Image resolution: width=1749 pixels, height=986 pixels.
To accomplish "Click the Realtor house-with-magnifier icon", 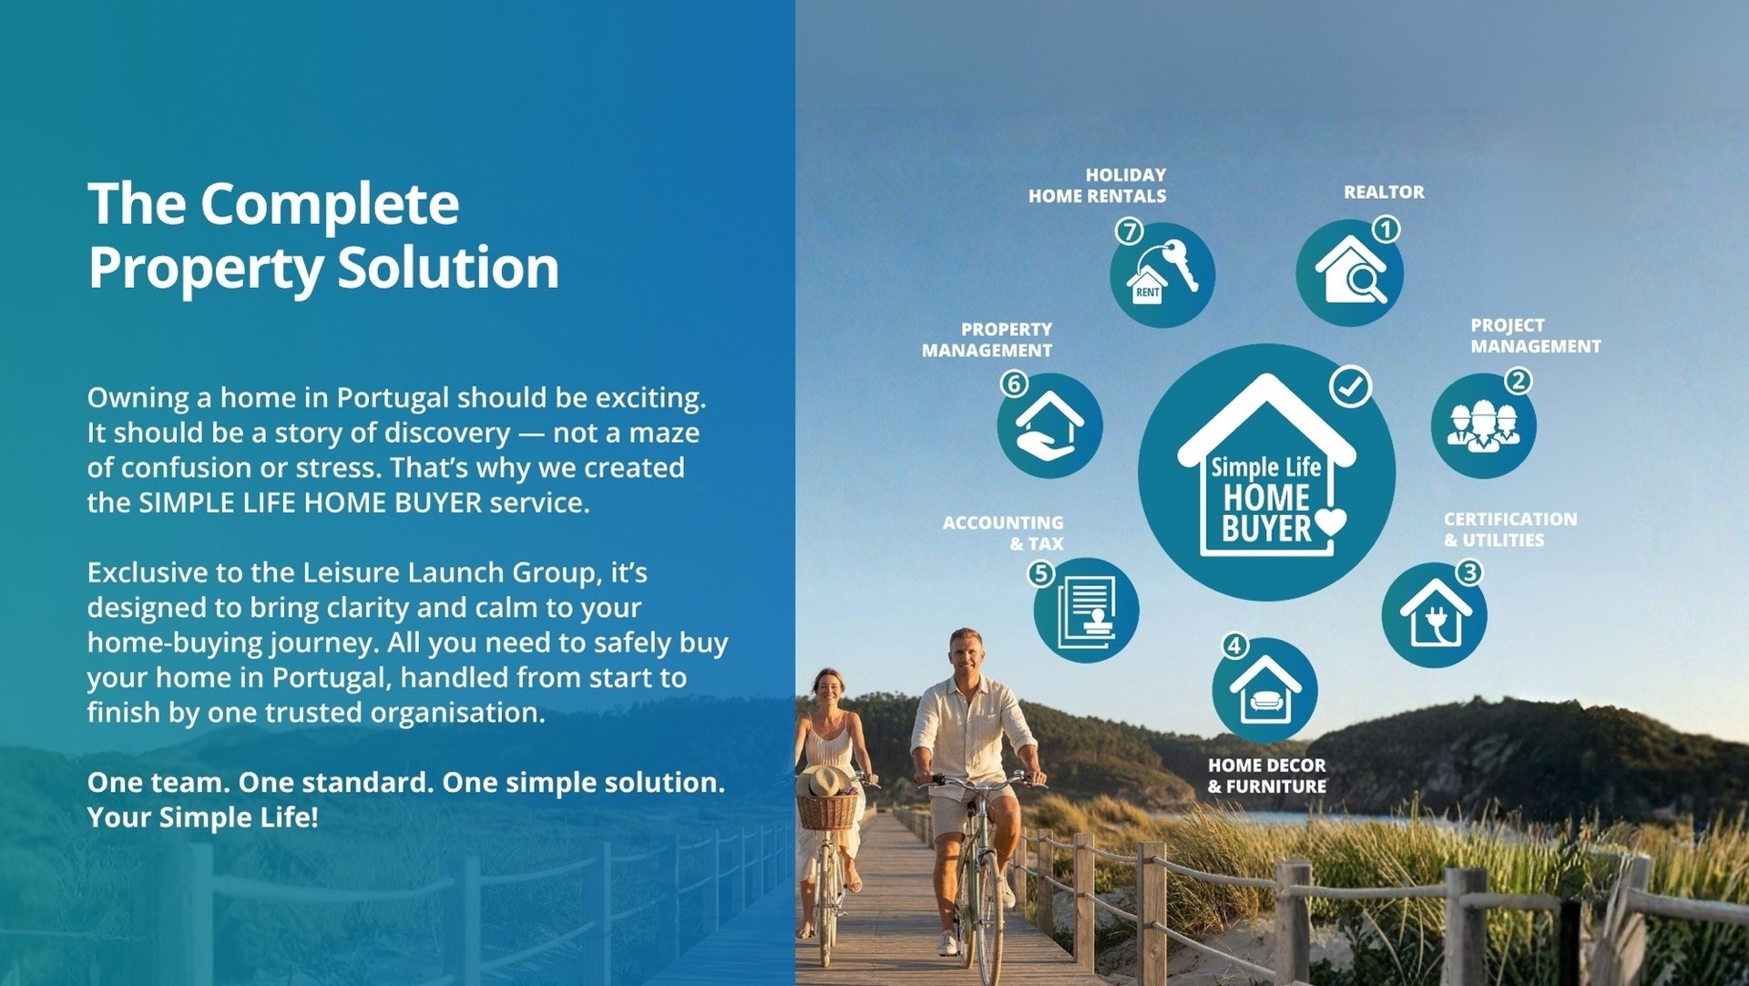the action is point(1350,272).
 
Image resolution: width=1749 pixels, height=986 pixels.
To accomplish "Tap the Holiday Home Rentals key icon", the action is point(1162,275).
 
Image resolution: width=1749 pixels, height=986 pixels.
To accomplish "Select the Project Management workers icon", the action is point(1483,426).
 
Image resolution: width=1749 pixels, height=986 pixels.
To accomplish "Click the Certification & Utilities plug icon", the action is point(1435,615).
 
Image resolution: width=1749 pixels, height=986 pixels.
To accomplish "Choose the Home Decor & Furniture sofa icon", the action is point(1265,690).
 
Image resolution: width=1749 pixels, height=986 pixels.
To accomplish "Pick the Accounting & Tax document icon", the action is point(1086,610).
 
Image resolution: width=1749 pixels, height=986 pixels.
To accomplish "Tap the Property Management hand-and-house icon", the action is point(1049,426).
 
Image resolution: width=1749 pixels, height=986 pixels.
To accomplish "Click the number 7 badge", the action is point(1130,231).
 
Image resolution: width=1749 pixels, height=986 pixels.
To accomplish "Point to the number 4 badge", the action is point(1234,646).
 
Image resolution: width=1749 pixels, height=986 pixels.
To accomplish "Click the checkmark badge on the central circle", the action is point(1350,386).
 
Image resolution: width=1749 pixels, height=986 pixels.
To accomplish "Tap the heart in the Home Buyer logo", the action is point(1330,521).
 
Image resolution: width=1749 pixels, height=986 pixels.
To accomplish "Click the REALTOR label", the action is point(1384,192).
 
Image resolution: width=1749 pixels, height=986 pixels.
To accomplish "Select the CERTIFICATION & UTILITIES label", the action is point(1510,529).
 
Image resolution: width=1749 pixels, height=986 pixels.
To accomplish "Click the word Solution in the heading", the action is point(448,268).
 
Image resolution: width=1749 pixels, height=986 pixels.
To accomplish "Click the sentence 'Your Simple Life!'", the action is point(202,817).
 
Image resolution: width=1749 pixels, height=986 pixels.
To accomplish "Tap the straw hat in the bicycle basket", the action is point(824,782).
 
